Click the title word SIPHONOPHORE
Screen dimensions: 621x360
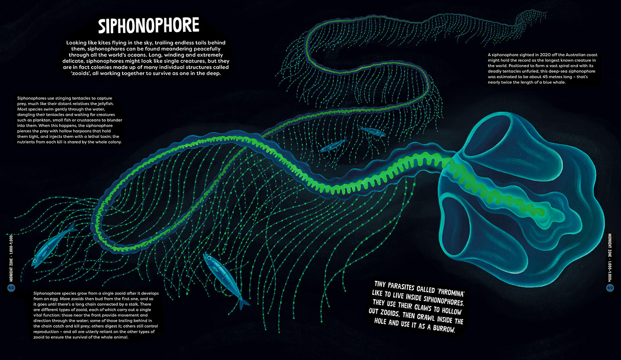pyautogui.click(x=148, y=26)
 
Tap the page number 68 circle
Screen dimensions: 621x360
pyautogui.click(x=11, y=288)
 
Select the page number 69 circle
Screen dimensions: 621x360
pyautogui.click(x=610, y=288)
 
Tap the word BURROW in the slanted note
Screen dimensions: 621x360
pyautogui.click(x=444, y=329)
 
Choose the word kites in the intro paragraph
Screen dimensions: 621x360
pyautogui.click(x=106, y=43)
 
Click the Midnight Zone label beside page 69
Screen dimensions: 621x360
pyautogui.click(x=610, y=257)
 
